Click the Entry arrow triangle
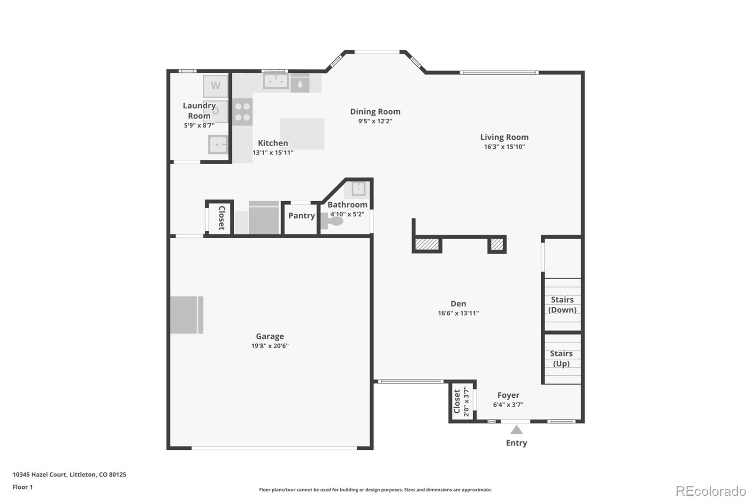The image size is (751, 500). tap(516, 430)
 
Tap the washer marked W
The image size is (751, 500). tap(215, 86)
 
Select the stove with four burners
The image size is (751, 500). tap(243, 112)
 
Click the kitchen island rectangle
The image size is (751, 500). tap(302, 134)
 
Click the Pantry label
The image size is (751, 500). tap(301, 216)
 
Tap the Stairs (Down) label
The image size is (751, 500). tap(562, 305)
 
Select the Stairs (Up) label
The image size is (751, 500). tap(561, 359)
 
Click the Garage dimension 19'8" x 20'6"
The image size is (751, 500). tap(270, 346)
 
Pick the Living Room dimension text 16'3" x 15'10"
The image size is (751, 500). tap(505, 147)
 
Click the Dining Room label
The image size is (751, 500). tap(375, 112)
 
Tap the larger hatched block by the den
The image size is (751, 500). tap(427, 244)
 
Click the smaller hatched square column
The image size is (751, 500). tap(497, 244)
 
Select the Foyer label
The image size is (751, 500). tap(508, 395)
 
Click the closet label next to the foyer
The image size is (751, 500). tap(457, 402)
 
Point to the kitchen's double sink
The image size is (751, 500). tap(276, 81)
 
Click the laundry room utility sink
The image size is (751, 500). tap(218, 144)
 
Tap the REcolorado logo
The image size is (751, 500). tap(711, 491)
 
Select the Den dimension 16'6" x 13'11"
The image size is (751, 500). tap(458, 313)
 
